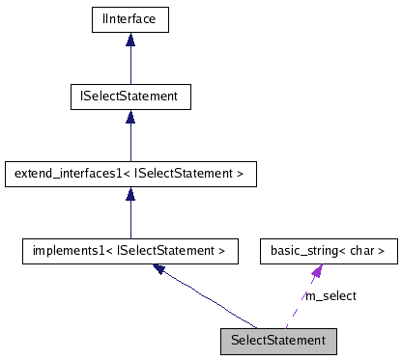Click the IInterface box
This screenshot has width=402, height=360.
coord(130,18)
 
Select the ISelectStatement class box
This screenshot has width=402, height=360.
coord(130,97)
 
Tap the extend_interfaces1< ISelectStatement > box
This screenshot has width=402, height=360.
coord(130,175)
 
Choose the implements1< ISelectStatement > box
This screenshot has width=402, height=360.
coord(130,252)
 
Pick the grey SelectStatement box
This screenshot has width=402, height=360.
coord(279,340)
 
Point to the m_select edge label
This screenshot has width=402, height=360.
coord(330,295)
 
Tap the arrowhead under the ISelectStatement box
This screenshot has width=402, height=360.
coord(130,116)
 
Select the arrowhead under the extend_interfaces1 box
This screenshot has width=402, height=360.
coord(130,194)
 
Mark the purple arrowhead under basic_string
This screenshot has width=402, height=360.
coord(316,272)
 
